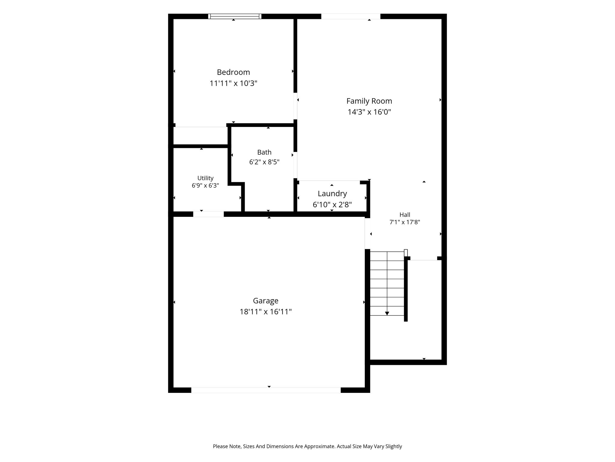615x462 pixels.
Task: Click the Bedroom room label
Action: (x=233, y=72)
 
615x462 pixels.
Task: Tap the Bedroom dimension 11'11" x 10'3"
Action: (x=233, y=83)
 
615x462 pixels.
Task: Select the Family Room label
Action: (x=369, y=101)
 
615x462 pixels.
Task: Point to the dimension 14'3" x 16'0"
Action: (x=369, y=112)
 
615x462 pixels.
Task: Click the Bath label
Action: (x=264, y=152)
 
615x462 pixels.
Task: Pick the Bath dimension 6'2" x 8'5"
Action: (x=264, y=162)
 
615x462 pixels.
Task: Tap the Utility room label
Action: (x=205, y=178)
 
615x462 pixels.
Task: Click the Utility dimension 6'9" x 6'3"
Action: (x=205, y=186)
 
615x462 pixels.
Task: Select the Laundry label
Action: (x=332, y=194)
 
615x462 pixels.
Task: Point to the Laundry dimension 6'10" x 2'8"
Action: (x=332, y=205)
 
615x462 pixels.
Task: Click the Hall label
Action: (x=404, y=215)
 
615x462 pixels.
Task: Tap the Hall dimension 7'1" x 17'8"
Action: (x=404, y=222)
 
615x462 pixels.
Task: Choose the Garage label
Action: (x=265, y=301)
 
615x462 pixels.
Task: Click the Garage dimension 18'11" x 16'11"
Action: (x=265, y=312)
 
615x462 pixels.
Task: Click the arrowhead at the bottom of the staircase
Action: (x=387, y=313)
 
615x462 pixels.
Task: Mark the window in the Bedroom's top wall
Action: (x=235, y=16)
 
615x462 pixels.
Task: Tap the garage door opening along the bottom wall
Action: (x=266, y=390)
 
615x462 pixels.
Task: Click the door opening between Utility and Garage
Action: (x=208, y=214)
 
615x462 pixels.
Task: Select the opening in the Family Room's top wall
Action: (x=351, y=16)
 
